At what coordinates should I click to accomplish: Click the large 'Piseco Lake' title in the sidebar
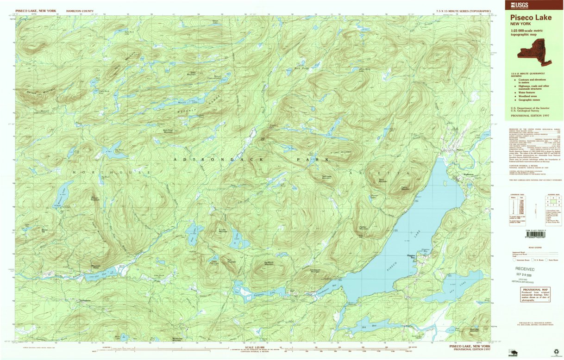(x=531, y=18)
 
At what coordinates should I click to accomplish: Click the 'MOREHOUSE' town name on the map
(x=111, y=172)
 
